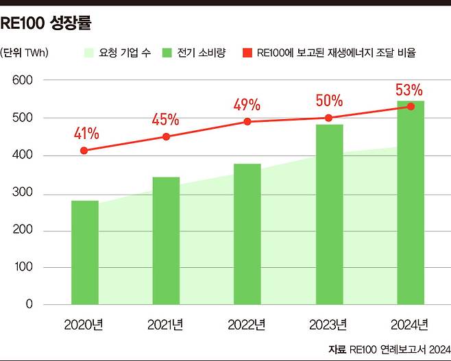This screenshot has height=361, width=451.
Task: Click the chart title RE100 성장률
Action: [46, 23]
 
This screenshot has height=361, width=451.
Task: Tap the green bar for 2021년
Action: [166, 240]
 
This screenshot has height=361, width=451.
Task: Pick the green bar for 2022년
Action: [247, 234]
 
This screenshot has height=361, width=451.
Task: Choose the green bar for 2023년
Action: [329, 214]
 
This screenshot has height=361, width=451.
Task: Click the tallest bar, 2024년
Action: [411, 202]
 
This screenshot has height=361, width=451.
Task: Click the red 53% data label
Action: [409, 90]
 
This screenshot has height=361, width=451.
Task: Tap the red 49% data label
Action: [247, 105]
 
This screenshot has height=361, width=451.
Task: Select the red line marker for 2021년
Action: [166, 137]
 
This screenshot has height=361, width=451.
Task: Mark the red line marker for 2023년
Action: [329, 118]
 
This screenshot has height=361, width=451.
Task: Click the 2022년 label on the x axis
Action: [247, 324]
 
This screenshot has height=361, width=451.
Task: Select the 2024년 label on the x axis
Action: [410, 324]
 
